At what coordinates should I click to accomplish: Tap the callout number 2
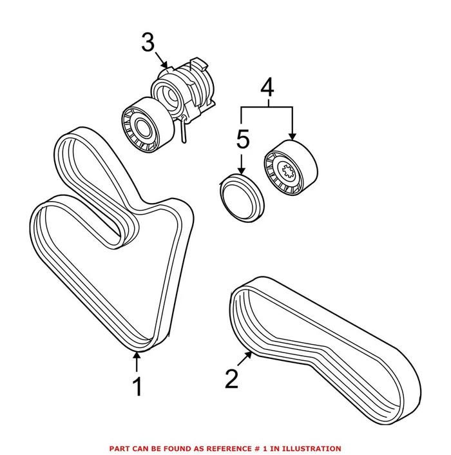(232, 378)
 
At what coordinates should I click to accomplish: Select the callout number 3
(148, 43)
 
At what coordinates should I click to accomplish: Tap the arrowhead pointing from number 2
(251, 353)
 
